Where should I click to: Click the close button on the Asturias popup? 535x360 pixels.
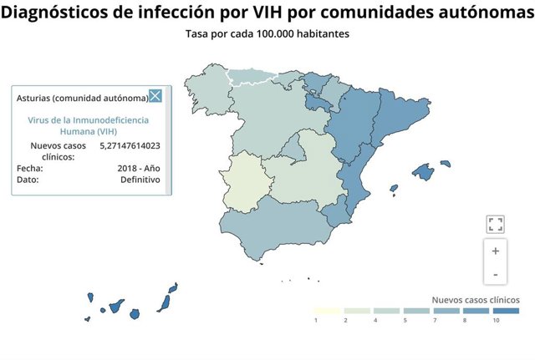155,97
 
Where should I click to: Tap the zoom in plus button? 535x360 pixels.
495,251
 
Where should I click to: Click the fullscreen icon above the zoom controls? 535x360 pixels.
495,223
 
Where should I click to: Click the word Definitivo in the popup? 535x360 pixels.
140,179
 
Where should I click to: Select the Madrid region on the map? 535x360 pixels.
292,150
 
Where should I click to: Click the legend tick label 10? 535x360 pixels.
496,320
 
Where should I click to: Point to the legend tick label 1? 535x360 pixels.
316,320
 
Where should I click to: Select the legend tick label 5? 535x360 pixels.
405,320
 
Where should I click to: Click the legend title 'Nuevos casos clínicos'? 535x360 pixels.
476,299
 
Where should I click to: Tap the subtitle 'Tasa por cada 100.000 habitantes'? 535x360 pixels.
267,34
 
